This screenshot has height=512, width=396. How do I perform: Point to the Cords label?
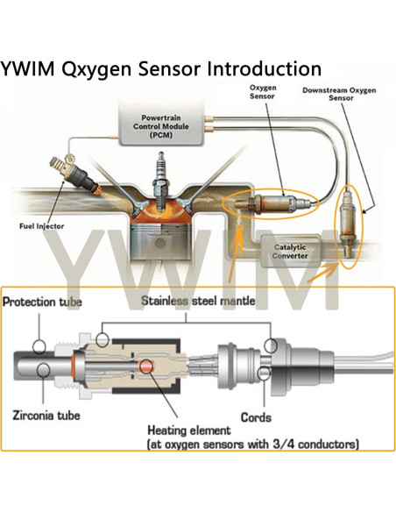[x=256, y=417]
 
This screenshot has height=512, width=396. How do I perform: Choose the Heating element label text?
[x=189, y=430]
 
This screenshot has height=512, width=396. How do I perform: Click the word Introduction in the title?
[x=255, y=68]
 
